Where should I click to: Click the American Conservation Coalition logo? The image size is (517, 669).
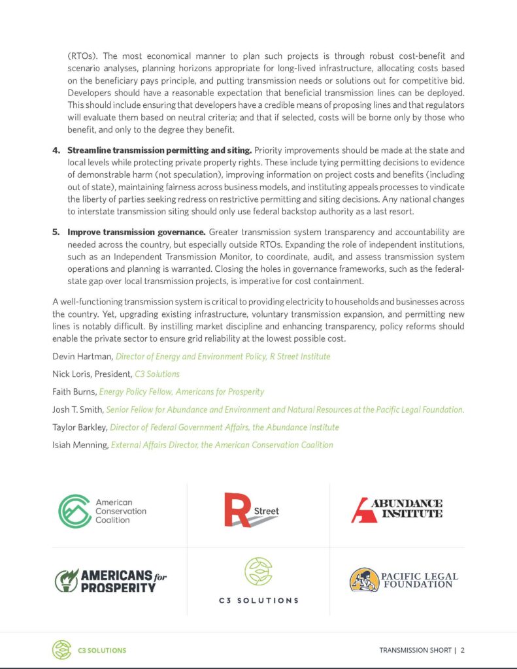coord(102,512)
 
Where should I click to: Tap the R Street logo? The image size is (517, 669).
coord(251,510)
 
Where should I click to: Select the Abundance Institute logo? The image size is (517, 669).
coord(397,510)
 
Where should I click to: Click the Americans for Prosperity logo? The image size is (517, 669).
coord(110,580)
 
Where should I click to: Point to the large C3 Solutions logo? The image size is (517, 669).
coord(258,580)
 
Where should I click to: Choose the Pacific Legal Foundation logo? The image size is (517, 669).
coord(403,580)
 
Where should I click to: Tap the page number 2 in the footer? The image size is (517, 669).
coord(463,650)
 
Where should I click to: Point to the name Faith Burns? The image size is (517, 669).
coord(74,392)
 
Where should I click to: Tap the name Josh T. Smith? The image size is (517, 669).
coord(78,410)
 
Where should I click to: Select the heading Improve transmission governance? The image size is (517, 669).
coord(136,232)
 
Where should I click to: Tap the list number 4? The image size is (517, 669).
coord(56,151)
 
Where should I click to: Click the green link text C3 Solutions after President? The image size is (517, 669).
coord(157,374)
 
